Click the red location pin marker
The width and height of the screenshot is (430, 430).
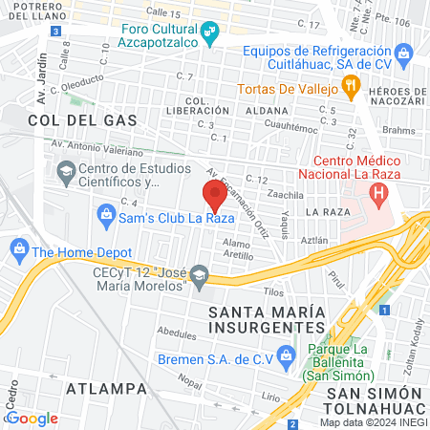tap(215, 196)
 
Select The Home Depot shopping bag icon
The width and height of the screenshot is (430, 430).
tap(18, 252)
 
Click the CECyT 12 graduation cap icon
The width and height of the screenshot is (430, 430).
tap(199, 278)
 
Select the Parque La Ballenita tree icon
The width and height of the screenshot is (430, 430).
tap(312, 352)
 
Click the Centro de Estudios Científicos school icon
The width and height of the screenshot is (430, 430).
tap(93, 174)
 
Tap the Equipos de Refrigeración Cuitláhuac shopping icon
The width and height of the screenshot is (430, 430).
tap(403, 51)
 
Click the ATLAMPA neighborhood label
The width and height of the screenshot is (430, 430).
tap(106, 389)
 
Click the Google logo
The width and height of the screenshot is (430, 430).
tap(32, 418)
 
